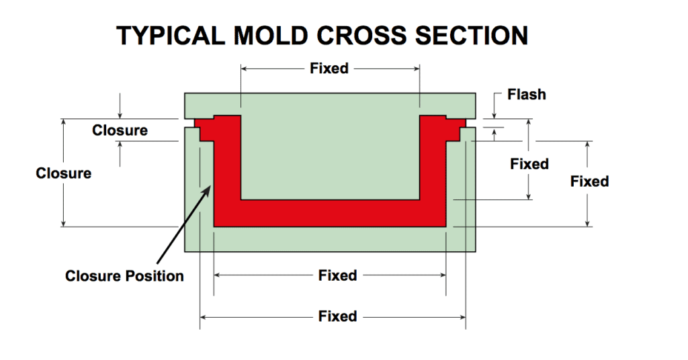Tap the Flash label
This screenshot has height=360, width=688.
[527, 95]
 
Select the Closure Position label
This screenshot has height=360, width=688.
[124, 276]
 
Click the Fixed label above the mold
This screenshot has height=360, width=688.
[329, 69]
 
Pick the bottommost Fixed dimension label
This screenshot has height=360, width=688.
[337, 316]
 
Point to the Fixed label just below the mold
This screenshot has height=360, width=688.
[337, 275]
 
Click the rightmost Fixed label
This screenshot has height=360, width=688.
[589, 181]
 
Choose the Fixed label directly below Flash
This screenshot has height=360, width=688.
[529, 164]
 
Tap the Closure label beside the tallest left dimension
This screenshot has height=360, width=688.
[64, 173]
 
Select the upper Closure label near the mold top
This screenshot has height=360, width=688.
[120, 130]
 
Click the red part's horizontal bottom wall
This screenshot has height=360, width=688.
[329, 214]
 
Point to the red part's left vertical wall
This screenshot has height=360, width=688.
[227, 168]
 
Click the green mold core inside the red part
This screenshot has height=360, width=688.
[329, 148]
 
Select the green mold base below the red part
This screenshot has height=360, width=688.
[329, 240]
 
